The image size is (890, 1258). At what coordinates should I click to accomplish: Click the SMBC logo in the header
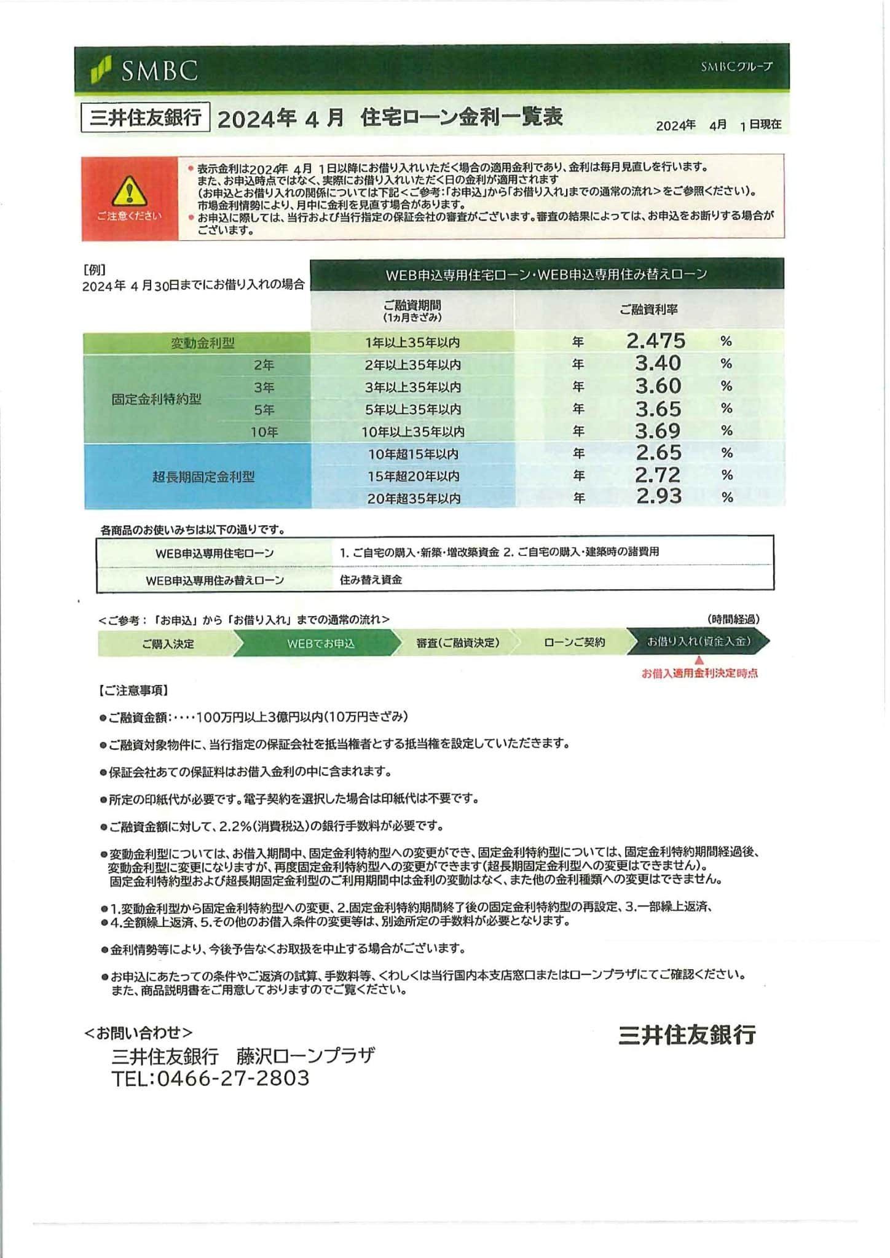click(x=145, y=69)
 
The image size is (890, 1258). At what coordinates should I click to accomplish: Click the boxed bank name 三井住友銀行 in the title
click(x=146, y=117)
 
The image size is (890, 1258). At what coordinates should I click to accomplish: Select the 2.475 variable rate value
click(x=656, y=341)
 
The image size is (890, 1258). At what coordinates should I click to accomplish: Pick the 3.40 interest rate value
click(x=658, y=363)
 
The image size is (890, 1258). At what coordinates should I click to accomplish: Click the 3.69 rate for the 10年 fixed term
click(x=658, y=431)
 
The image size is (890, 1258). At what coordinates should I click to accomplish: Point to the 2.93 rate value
click(x=658, y=496)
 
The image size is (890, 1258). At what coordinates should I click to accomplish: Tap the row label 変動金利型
click(x=202, y=343)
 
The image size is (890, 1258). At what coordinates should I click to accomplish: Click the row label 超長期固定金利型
click(x=203, y=476)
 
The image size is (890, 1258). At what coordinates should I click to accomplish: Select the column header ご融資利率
click(x=648, y=310)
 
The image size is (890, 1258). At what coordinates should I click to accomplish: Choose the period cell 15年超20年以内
click(x=413, y=476)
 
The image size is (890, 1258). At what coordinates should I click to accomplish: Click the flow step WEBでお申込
click(x=320, y=644)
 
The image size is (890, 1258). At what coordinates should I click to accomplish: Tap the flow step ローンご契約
click(x=574, y=643)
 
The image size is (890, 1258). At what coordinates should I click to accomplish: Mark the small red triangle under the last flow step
click(x=699, y=660)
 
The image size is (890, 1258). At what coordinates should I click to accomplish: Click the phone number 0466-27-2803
click(x=233, y=1078)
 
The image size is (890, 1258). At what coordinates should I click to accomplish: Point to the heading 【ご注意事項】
click(x=133, y=690)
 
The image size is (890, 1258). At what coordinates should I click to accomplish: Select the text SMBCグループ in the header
click(x=736, y=66)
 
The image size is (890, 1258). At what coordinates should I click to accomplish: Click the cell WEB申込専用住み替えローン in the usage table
click(x=215, y=580)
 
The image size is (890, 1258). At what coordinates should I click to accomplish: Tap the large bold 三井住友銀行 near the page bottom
click(x=687, y=1035)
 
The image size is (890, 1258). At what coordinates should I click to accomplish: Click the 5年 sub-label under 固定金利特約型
click(x=264, y=410)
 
